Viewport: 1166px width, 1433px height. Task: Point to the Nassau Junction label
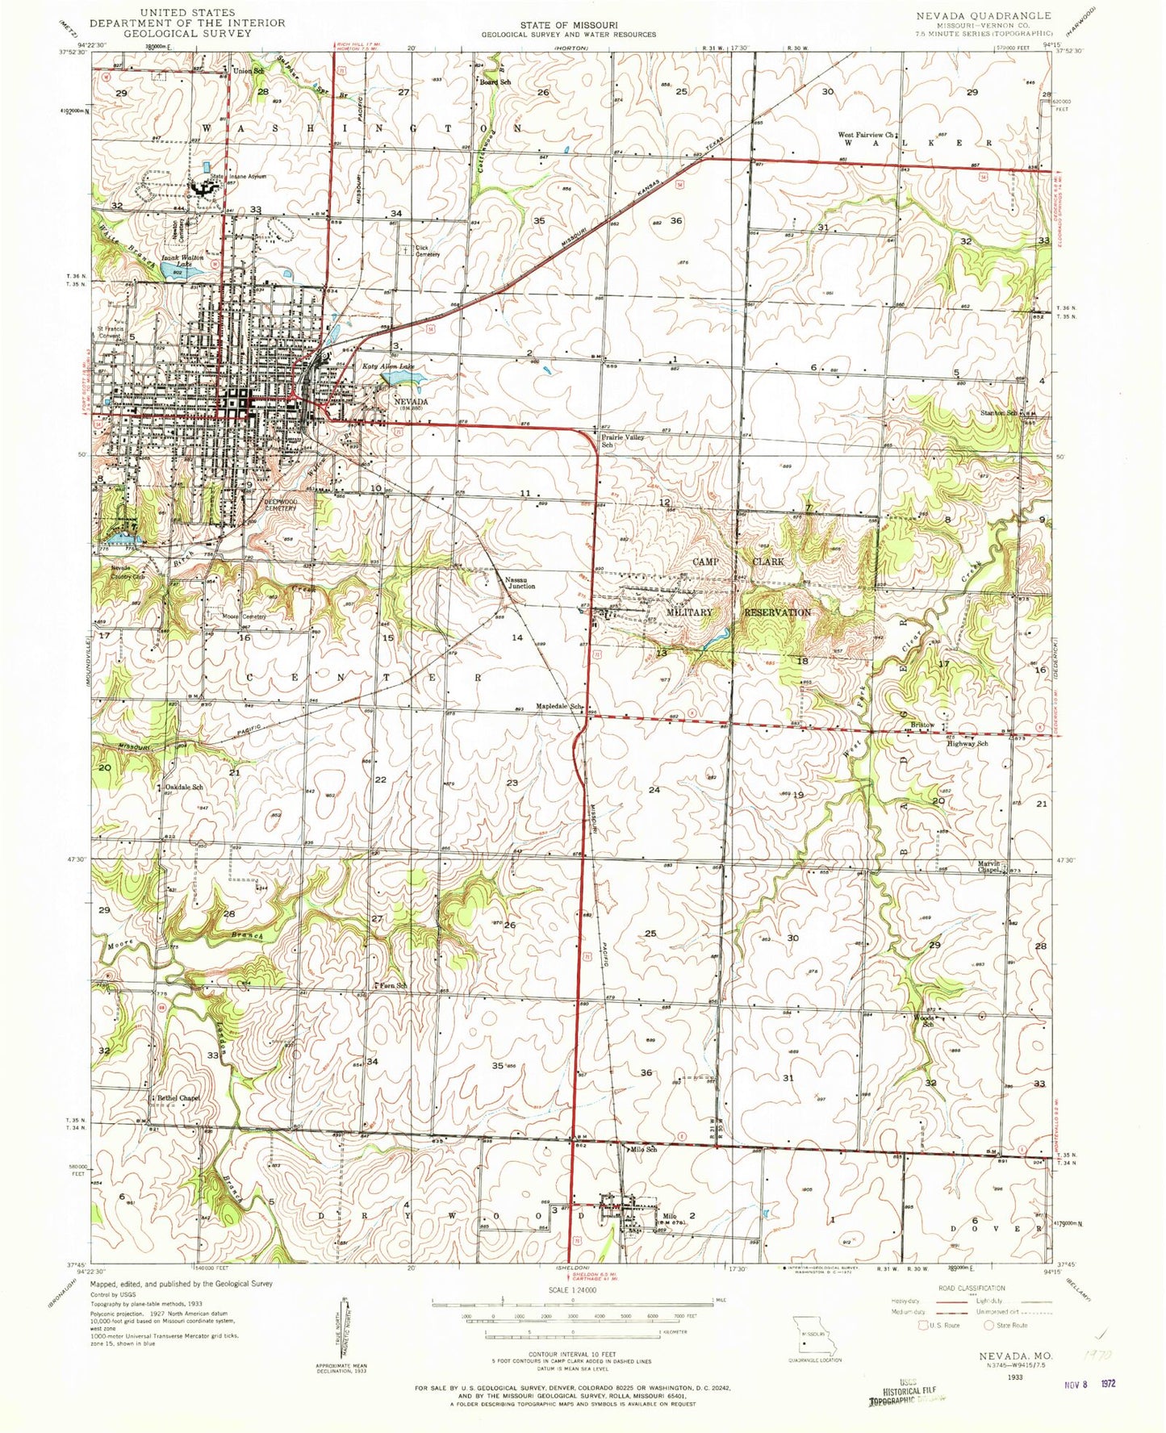pyautogui.click(x=520, y=583)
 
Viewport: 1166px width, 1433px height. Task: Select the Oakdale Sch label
pyautogui.click(x=183, y=787)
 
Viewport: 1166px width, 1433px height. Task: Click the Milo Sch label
pyautogui.click(x=644, y=1149)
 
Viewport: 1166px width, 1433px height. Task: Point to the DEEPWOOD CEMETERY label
pyautogui.click(x=281, y=504)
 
